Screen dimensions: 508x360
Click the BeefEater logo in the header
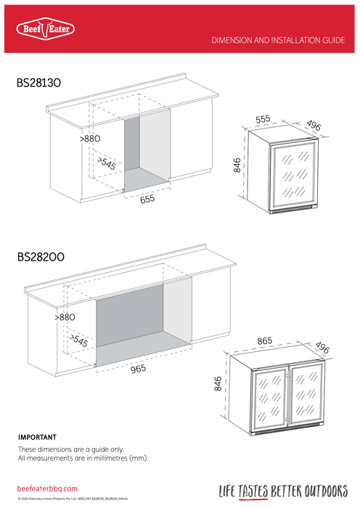[x=45, y=29]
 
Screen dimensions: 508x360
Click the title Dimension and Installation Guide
[x=278, y=41]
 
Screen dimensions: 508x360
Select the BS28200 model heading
[x=43, y=257]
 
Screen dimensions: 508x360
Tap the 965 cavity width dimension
[x=138, y=368]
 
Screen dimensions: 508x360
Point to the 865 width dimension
[x=266, y=340]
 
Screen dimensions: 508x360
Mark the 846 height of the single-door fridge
[x=237, y=166]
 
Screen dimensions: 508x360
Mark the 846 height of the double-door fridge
[x=217, y=383]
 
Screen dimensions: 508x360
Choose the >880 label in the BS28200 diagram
[x=65, y=317]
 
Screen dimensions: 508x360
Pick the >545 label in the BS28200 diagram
[x=78, y=340]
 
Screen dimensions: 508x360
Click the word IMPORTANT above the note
[x=36, y=438]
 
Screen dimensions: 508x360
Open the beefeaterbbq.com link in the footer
[x=47, y=490]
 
